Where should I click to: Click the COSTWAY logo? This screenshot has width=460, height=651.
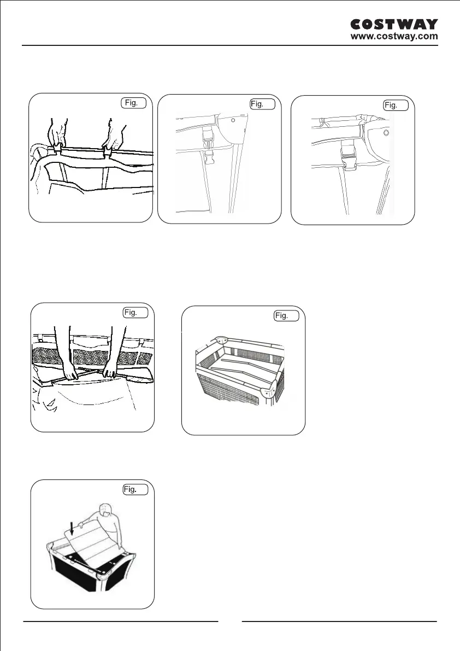coord(393,25)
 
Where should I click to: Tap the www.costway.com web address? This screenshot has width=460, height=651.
coord(394,37)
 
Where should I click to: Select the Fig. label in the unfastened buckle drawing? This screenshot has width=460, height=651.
coord(263,104)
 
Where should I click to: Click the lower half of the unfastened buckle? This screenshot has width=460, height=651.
coord(209,158)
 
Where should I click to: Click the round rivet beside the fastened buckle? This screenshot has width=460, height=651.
coord(386,133)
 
